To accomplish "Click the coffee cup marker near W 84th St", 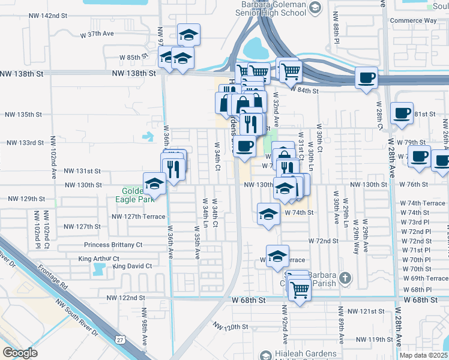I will click(x=366, y=77).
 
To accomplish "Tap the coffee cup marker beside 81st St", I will click(x=402, y=112).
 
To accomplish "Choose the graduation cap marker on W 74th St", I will click(x=268, y=213).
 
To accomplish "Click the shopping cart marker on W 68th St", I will click(x=300, y=290).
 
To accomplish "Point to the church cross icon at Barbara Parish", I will click(x=344, y=278).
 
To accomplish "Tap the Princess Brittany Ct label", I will click(x=113, y=245).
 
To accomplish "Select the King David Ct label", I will click(x=132, y=266).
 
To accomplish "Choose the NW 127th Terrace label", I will click(x=138, y=217).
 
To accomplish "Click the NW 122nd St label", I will click(x=125, y=298).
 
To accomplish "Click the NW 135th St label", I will click(x=23, y=114).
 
